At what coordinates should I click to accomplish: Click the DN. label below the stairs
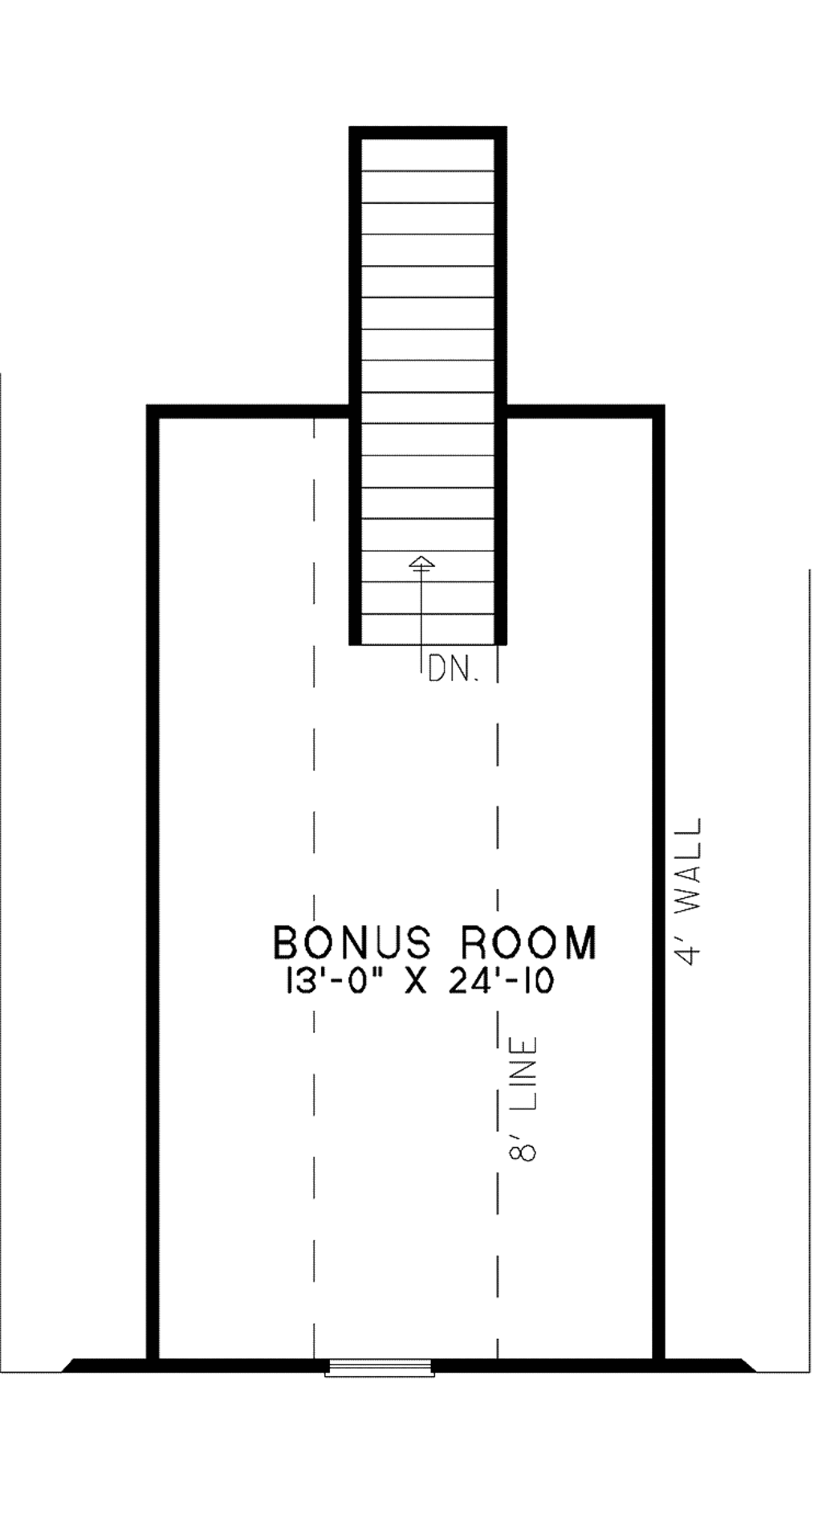(x=454, y=668)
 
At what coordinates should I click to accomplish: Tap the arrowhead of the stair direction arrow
(x=421, y=562)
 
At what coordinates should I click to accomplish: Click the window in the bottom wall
(x=380, y=1366)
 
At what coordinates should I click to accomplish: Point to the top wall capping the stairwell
(x=428, y=133)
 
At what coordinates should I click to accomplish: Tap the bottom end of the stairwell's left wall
(x=356, y=640)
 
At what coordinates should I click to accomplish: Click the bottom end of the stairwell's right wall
(x=500, y=640)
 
